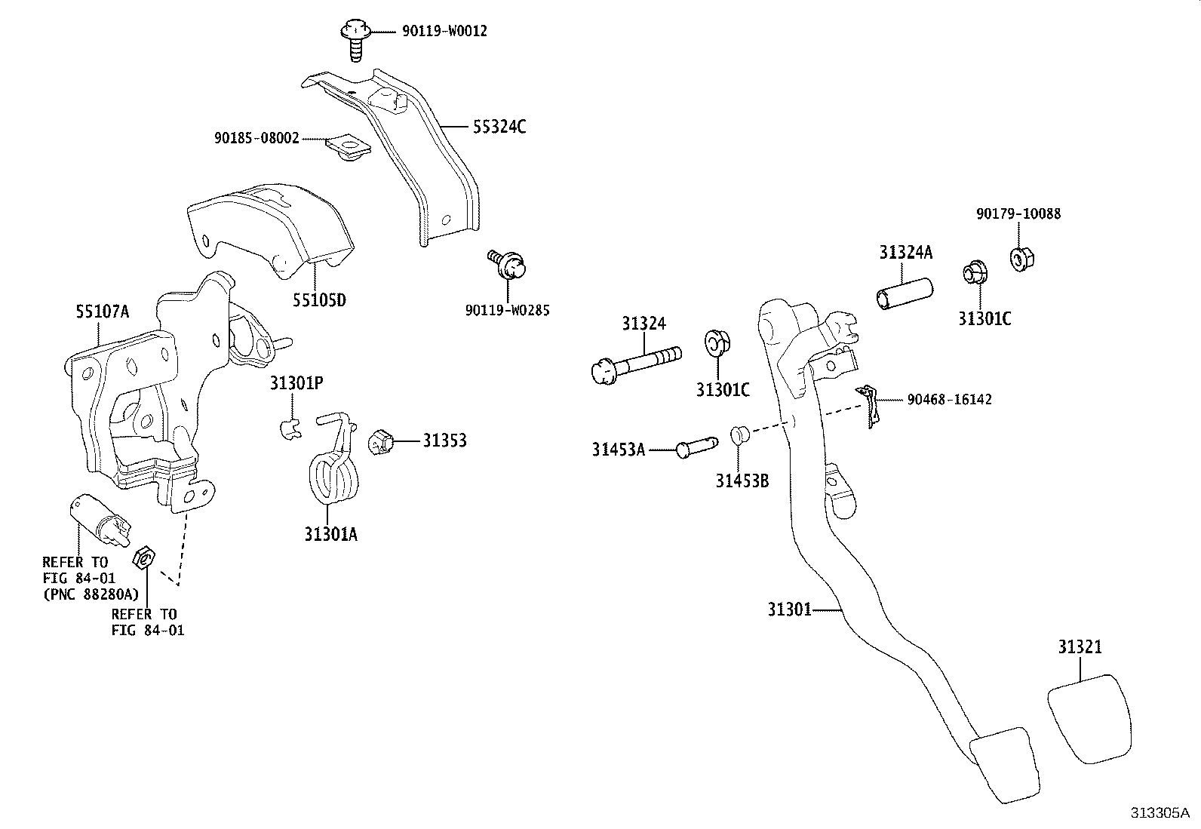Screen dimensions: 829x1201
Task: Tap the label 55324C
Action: pyautogui.click(x=499, y=127)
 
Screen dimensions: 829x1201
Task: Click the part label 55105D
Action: pyautogui.click(x=319, y=300)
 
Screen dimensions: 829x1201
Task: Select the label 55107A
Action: pyautogui.click(x=102, y=311)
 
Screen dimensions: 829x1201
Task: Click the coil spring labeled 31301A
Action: pyautogui.click(x=332, y=471)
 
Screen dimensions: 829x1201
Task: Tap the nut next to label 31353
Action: pyautogui.click(x=382, y=441)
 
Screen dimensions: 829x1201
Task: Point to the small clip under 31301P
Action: pyautogui.click(x=288, y=428)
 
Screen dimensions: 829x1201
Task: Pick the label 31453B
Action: pyautogui.click(x=742, y=480)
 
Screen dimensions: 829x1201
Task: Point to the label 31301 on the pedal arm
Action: pyautogui.click(x=789, y=609)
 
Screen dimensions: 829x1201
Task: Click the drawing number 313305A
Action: pyautogui.click(x=1159, y=812)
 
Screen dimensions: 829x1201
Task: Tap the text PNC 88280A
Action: pyautogui.click(x=91, y=594)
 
